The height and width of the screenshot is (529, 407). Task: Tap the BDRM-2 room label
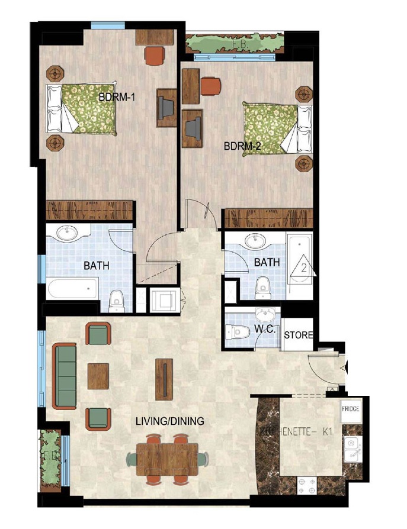(x=243, y=146)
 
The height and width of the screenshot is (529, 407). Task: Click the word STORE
(x=299, y=335)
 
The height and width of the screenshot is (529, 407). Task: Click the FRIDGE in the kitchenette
(x=351, y=408)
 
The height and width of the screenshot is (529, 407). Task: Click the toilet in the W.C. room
(x=240, y=332)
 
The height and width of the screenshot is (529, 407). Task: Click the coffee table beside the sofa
(x=98, y=376)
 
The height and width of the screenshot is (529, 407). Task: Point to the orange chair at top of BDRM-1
(x=154, y=56)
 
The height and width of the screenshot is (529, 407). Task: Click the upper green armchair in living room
(x=98, y=334)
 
